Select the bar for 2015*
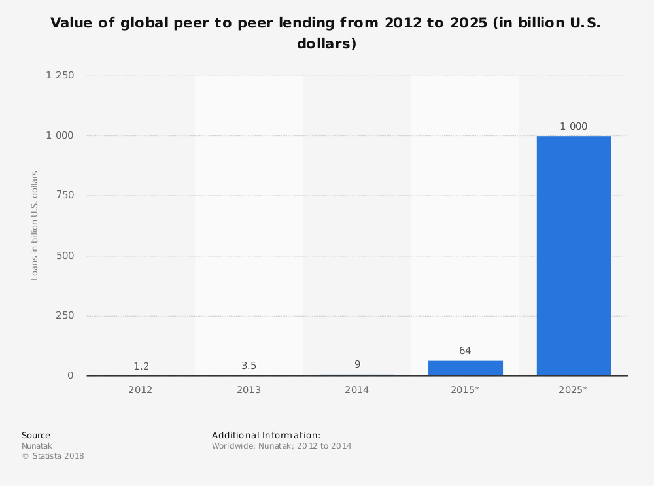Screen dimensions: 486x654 pyautogui.click(x=465, y=368)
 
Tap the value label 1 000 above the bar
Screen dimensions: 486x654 pyautogui.click(x=574, y=126)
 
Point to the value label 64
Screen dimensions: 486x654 pyautogui.click(x=465, y=351)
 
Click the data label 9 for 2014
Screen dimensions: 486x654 pyautogui.click(x=357, y=364)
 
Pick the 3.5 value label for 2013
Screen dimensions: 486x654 pyautogui.click(x=249, y=366)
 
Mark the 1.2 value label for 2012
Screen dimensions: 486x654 pyautogui.click(x=141, y=366)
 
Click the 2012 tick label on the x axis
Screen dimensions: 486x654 pyautogui.click(x=141, y=390)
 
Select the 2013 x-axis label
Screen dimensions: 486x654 pyautogui.click(x=249, y=390)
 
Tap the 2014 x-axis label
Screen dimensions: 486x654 pyautogui.click(x=357, y=390)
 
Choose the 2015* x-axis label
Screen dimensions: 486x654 pyautogui.click(x=465, y=390)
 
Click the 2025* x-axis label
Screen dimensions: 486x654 pyautogui.click(x=573, y=390)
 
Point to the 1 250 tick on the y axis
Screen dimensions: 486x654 pyautogui.click(x=60, y=75)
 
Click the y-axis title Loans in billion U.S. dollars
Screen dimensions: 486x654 pyautogui.click(x=35, y=225)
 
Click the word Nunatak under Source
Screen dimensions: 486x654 pyautogui.click(x=37, y=446)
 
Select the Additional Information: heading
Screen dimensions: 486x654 pyautogui.click(x=266, y=435)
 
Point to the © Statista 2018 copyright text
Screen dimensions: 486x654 pyautogui.click(x=53, y=456)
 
